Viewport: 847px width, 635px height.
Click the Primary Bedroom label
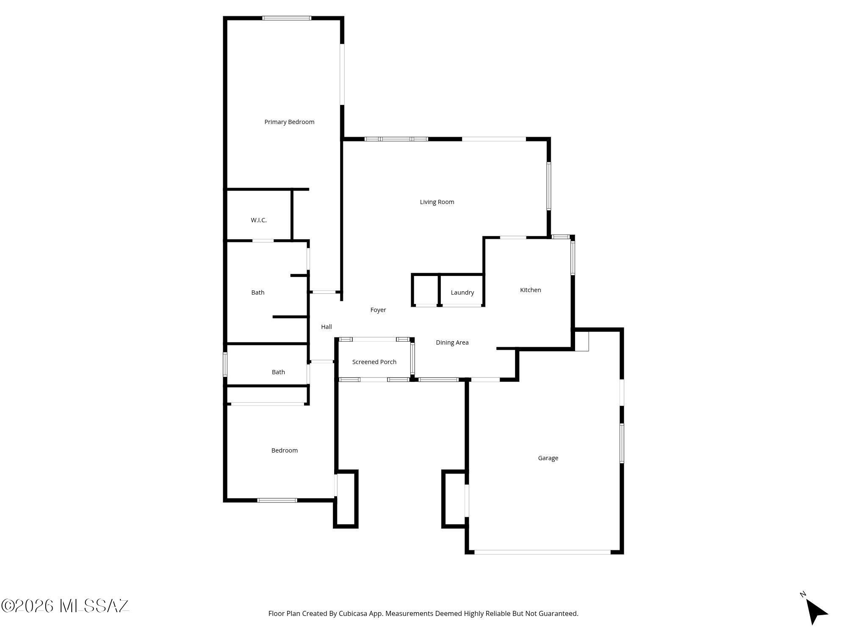[x=289, y=122]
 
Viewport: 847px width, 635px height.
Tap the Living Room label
[x=437, y=202]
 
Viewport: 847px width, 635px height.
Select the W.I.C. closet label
[x=259, y=220]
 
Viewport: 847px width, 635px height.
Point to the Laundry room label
[x=462, y=293]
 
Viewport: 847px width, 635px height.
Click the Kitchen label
[x=531, y=290]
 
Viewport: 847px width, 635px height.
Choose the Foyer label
[x=378, y=310]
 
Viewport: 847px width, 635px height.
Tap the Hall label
[x=327, y=327]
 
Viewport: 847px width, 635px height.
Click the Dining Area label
[x=452, y=342]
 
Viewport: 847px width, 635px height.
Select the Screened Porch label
[x=374, y=362]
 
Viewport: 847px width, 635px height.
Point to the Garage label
[x=548, y=458]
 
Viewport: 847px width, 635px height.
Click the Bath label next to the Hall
[x=258, y=293]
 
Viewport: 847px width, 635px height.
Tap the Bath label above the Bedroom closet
[x=278, y=372]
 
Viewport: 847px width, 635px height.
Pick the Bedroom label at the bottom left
[x=285, y=450]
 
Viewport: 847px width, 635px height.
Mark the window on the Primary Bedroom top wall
[x=287, y=18]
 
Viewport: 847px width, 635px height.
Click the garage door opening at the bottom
[x=543, y=552]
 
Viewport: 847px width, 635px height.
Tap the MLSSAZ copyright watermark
[x=65, y=606]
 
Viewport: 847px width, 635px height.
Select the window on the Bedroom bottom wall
[x=277, y=500]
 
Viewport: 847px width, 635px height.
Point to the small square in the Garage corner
[x=582, y=341]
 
